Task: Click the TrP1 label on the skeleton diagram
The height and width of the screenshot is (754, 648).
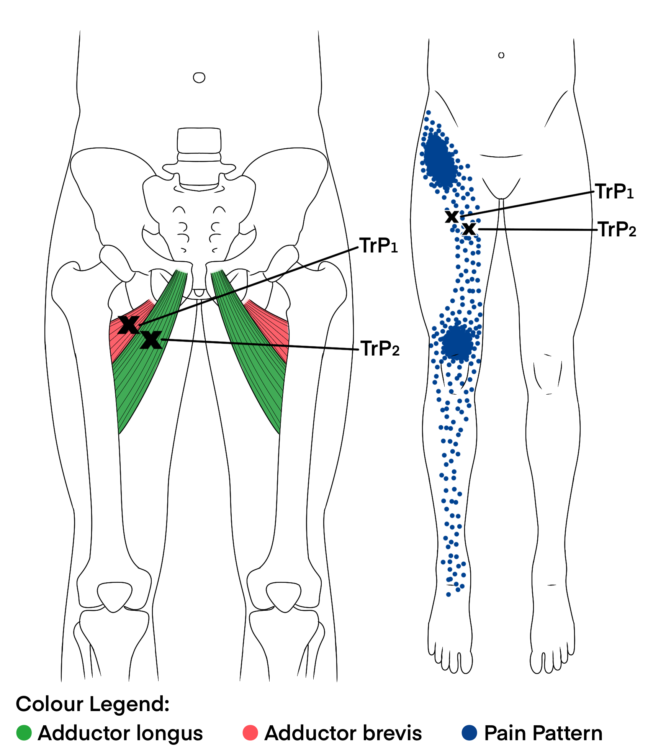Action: [x=378, y=246]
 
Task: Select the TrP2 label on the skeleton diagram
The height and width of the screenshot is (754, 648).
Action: [x=380, y=349]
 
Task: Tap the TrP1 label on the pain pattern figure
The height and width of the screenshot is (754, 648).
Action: [x=614, y=191]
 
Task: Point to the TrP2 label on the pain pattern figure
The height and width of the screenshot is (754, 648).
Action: [x=617, y=229]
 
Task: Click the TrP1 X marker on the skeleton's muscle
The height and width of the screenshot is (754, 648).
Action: [x=129, y=325]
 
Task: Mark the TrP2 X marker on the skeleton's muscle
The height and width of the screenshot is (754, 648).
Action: [x=151, y=339]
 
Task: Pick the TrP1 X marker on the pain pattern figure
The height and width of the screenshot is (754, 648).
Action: [x=452, y=217]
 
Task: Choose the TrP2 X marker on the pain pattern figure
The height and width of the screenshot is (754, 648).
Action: [x=469, y=229]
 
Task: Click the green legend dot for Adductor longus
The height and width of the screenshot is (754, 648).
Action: [x=24, y=733]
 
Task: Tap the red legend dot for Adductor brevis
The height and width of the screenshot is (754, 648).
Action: [x=250, y=733]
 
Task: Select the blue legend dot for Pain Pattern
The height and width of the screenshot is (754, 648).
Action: [x=470, y=733]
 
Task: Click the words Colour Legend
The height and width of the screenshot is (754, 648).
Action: [x=93, y=704]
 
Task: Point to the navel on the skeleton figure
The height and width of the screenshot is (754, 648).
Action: [x=199, y=78]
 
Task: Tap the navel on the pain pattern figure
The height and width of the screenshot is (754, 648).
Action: [x=501, y=55]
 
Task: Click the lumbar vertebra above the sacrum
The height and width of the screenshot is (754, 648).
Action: [x=199, y=141]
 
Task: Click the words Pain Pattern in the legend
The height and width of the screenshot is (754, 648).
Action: [x=543, y=733]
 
